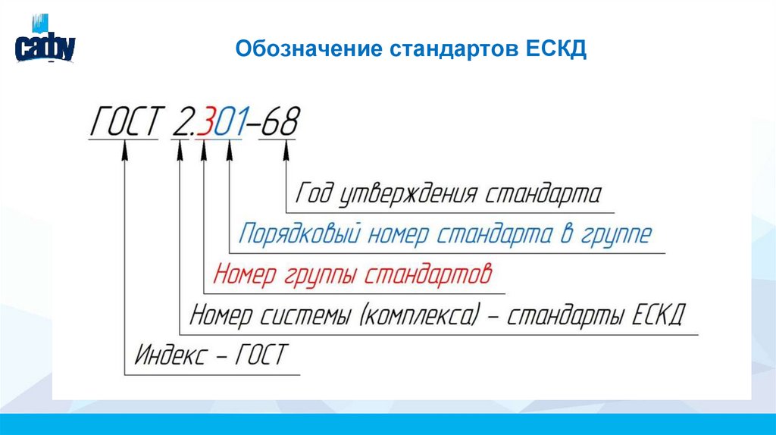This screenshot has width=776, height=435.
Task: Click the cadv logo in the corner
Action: (45, 45)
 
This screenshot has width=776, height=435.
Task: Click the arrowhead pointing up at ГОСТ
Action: (125, 152)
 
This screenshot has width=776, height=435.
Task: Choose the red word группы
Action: (319, 274)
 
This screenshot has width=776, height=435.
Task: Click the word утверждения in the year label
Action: (406, 193)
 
